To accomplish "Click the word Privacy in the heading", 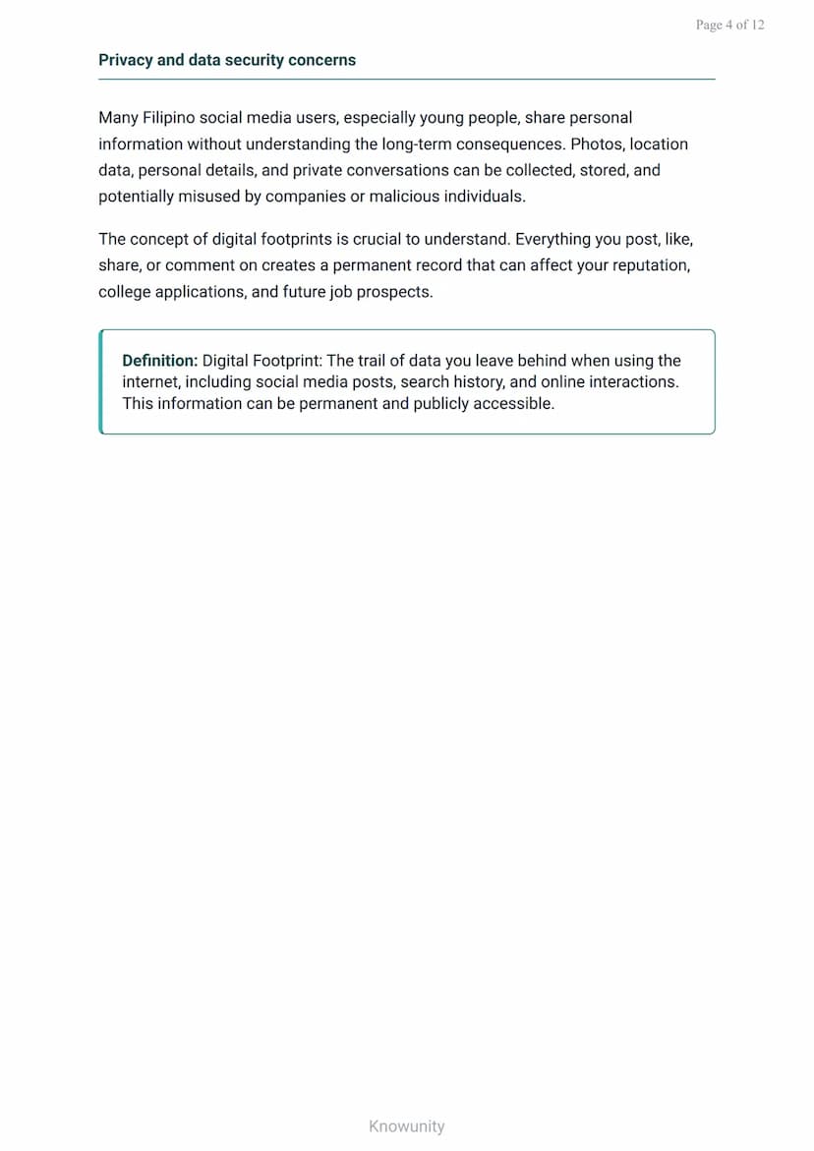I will [x=126, y=60].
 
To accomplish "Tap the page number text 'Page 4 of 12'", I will [x=729, y=26].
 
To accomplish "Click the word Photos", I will [x=597, y=144].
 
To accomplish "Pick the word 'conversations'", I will [x=400, y=170].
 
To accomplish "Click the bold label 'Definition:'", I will [x=160, y=361].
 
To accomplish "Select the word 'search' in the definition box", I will [x=425, y=381].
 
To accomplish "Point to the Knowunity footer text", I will [x=407, y=1126].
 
